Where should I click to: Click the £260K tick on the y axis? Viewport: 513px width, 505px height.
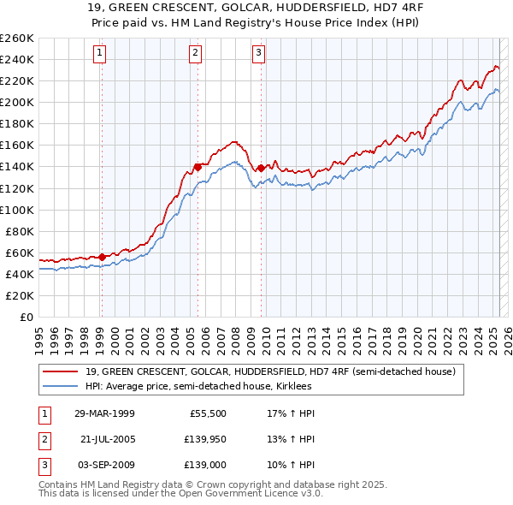[17, 38]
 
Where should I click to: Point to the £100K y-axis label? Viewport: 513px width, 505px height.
[17, 209]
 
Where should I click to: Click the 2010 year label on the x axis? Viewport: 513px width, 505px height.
[264, 334]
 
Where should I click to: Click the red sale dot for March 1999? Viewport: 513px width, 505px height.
[102, 257]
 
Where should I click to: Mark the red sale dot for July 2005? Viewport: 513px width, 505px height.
[198, 166]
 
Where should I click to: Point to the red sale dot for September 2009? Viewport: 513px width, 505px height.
[260, 168]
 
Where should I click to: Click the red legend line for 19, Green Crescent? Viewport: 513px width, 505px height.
[61, 371]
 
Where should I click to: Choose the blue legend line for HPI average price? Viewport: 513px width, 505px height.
[61, 386]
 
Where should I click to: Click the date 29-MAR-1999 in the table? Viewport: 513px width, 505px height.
[104, 413]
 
